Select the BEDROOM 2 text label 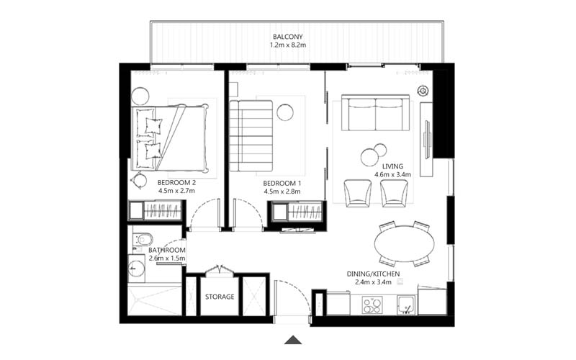click(x=177, y=183)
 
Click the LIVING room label click(x=392, y=166)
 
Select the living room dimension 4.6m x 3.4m click(x=392, y=175)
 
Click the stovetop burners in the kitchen click(x=372, y=306)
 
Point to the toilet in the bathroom click(x=142, y=240)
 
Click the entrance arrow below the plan click(x=293, y=341)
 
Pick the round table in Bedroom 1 click(x=285, y=112)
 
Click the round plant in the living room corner click(x=423, y=91)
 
